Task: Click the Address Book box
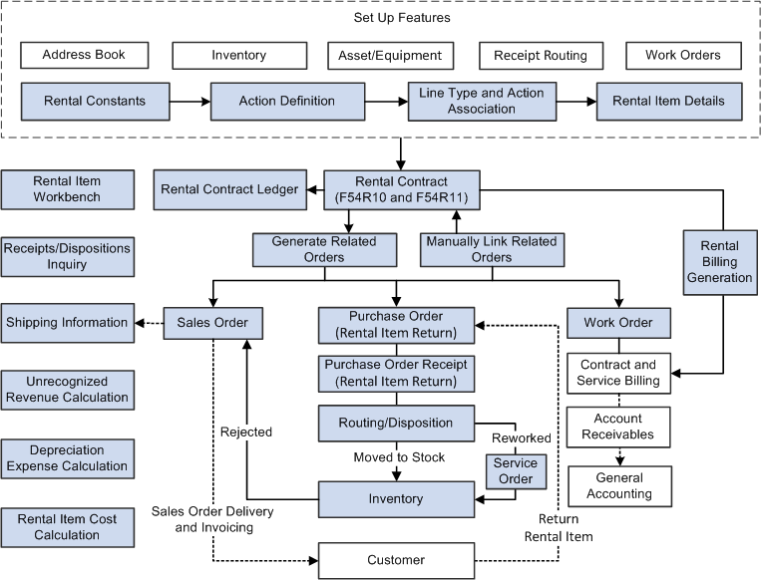pyautogui.click(x=84, y=55)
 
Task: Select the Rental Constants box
pyautogui.click(x=95, y=101)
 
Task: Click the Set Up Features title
pyautogui.click(x=402, y=18)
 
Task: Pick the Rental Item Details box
pyautogui.click(x=668, y=101)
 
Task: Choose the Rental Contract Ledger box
pyautogui.click(x=229, y=189)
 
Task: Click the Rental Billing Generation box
pyautogui.click(x=719, y=262)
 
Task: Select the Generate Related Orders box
pyautogui.click(x=314, y=249)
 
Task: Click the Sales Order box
pyautogui.click(x=212, y=323)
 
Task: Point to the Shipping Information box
pyautogui.click(x=67, y=323)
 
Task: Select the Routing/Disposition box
pyautogui.click(x=396, y=423)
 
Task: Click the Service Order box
pyautogui.click(x=515, y=470)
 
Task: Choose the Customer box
pyautogui.click(x=396, y=560)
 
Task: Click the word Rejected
pyautogui.click(x=245, y=433)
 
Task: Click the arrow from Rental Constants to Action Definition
pyautogui.click(x=190, y=101)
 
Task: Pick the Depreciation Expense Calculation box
pyautogui.click(x=66, y=458)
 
